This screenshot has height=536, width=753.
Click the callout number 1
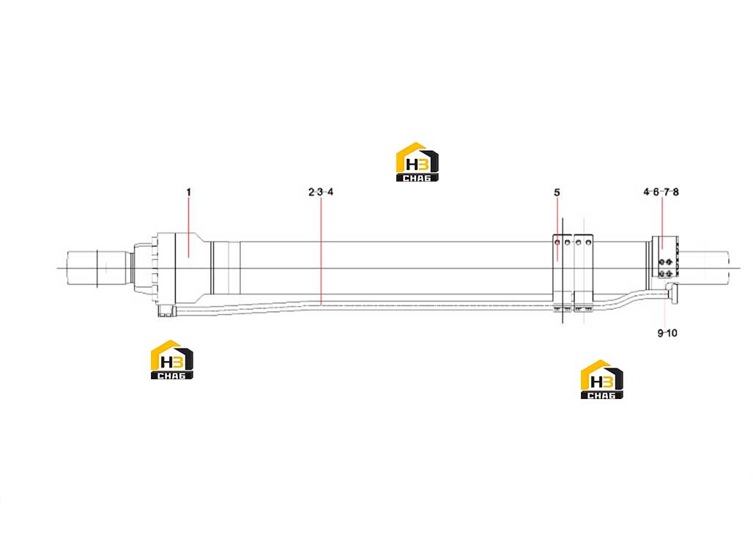(189, 192)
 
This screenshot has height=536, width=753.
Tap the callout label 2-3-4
(321, 192)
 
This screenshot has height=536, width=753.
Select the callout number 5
(557, 193)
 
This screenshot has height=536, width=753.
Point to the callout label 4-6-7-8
(661, 192)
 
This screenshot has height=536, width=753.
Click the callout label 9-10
(667, 333)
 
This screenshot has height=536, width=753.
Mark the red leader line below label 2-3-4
(322, 251)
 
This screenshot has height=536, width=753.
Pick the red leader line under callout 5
(557, 229)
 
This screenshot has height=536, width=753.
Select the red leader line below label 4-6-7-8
(662, 223)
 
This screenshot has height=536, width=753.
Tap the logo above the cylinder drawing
(417, 163)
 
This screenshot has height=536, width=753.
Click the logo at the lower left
(172, 360)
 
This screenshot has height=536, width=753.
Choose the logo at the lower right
(601, 379)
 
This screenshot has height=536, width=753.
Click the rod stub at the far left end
(99, 268)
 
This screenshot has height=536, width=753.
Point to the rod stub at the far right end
(704, 268)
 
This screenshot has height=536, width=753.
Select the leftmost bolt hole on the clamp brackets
(557, 242)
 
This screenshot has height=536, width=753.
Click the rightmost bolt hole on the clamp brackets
(588, 242)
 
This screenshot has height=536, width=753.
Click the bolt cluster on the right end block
(666, 268)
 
